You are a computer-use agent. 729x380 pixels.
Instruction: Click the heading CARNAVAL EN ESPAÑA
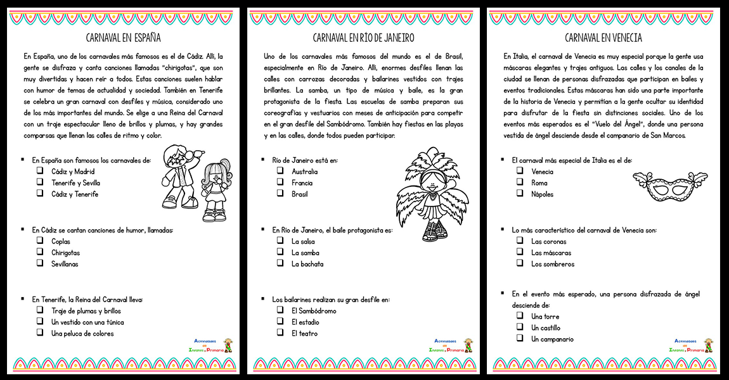123,37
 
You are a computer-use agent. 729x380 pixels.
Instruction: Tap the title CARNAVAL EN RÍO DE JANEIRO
363,37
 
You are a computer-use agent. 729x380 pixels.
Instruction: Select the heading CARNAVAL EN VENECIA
603,37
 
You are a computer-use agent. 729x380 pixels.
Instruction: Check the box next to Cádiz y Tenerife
39,194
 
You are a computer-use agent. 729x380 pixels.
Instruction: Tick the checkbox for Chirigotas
39,253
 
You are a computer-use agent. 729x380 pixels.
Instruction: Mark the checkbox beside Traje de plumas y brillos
39,310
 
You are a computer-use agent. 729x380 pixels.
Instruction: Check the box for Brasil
280,194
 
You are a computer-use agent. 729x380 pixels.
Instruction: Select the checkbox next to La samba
280,252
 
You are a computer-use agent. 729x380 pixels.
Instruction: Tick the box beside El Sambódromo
280,310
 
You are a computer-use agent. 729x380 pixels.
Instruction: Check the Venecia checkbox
519,171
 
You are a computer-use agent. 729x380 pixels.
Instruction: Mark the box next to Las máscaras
519,253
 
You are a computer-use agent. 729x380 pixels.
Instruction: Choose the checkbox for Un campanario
519,339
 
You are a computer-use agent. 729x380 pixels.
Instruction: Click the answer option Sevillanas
65,264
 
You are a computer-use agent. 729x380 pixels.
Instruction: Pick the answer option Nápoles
542,194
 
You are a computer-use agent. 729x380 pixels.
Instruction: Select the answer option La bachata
307,264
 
